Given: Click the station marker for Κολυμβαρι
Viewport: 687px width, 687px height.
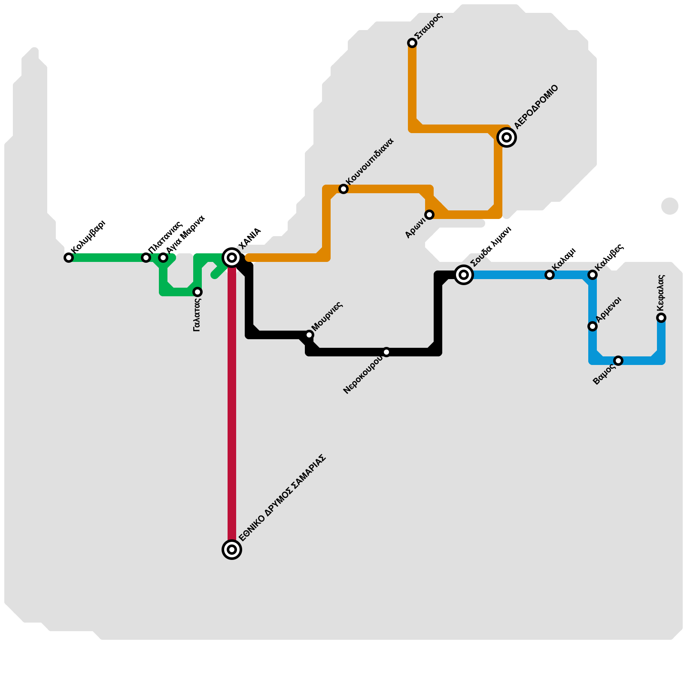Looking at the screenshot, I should click(x=69, y=258).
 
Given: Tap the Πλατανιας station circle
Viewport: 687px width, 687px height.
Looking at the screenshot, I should click(x=146, y=258).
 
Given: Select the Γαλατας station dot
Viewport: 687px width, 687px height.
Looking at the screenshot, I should click(x=198, y=292).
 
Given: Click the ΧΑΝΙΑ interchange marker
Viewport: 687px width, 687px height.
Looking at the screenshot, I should click(x=232, y=258).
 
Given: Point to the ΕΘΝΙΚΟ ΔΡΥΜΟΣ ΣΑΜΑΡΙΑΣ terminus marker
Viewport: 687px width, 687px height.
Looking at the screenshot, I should click(x=232, y=550).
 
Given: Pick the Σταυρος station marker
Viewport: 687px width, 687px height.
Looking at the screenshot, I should click(x=412, y=43).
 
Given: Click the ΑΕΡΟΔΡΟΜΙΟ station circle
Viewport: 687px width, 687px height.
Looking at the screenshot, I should click(x=507, y=137).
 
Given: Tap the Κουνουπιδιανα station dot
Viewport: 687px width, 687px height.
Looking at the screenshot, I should click(x=343, y=189).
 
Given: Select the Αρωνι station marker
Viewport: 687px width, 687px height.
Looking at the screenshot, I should click(x=429, y=215).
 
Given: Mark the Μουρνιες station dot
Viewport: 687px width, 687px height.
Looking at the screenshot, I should click(x=309, y=335).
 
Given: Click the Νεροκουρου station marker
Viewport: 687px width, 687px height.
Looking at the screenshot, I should click(x=386, y=352).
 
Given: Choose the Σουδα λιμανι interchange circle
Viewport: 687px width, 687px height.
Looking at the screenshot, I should click(x=464, y=275).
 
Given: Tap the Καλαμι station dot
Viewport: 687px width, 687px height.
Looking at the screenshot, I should click(x=550, y=275).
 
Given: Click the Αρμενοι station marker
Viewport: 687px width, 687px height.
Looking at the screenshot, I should click(x=593, y=326).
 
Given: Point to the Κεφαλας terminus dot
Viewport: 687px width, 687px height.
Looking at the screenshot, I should click(x=661, y=318).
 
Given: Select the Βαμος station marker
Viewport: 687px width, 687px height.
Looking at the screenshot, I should click(x=618, y=361).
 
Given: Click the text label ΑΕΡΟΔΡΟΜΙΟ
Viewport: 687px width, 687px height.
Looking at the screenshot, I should click(x=537, y=107).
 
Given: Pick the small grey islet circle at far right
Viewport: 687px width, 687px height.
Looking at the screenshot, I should click(x=670, y=206).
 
